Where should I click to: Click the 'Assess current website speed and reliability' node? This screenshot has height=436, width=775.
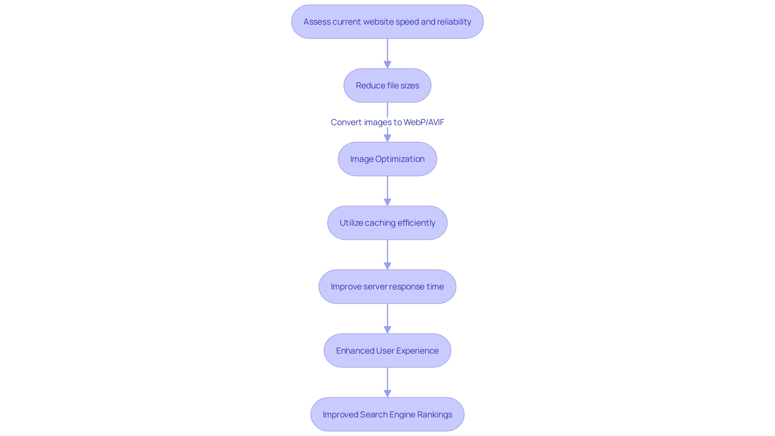387,22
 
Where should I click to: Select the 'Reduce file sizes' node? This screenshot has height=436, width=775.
387,86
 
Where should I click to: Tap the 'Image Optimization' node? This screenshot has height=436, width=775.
387,159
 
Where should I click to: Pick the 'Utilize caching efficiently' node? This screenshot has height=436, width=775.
387,223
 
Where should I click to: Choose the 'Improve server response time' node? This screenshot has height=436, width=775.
387,287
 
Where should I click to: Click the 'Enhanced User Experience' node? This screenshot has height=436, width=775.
387,350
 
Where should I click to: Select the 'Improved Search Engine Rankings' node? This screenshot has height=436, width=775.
387,415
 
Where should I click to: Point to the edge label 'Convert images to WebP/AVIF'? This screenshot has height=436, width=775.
387,122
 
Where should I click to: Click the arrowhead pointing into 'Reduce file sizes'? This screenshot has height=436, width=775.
387,65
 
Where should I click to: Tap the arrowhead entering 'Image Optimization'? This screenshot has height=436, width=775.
387,138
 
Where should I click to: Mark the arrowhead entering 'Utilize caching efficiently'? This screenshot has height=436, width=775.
387,202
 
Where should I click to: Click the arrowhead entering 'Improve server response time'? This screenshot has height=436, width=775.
387,266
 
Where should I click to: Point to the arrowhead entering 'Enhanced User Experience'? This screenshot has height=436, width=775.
387,329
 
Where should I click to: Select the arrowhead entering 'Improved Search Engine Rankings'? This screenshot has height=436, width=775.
387,393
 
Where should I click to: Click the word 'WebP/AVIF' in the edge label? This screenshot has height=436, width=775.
424,122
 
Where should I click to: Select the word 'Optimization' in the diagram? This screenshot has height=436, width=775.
400,159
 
